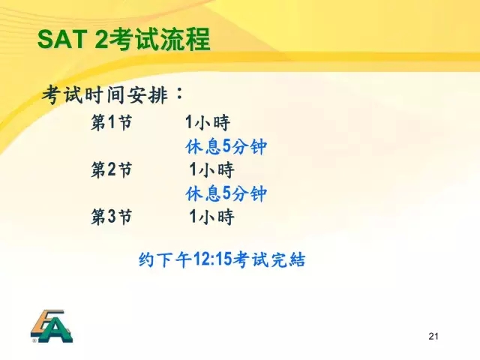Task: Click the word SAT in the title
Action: click(62, 39)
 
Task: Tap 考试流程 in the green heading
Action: click(160, 39)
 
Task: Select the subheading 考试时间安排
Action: click(105, 95)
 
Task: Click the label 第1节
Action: click(112, 122)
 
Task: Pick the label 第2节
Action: click(112, 169)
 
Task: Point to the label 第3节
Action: click(112, 217)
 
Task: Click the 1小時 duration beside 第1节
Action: click(208, 122)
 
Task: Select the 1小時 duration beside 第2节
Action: click(211, 169)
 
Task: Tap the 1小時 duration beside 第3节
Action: click(211, 217)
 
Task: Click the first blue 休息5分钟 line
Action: click(226, 146)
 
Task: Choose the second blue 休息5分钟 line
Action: click(226, 193)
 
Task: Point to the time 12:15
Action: click(212, 259)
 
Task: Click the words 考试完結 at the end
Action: click(269, 259)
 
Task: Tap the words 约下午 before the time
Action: click(165, 259)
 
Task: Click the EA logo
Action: click(52, 326)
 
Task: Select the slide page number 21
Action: click(433, 336)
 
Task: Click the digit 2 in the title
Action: click(101, 39)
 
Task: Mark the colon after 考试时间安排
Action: click(179, 93)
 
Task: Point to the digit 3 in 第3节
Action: click(112, 217)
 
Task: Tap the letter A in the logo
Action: click(60, 331)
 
